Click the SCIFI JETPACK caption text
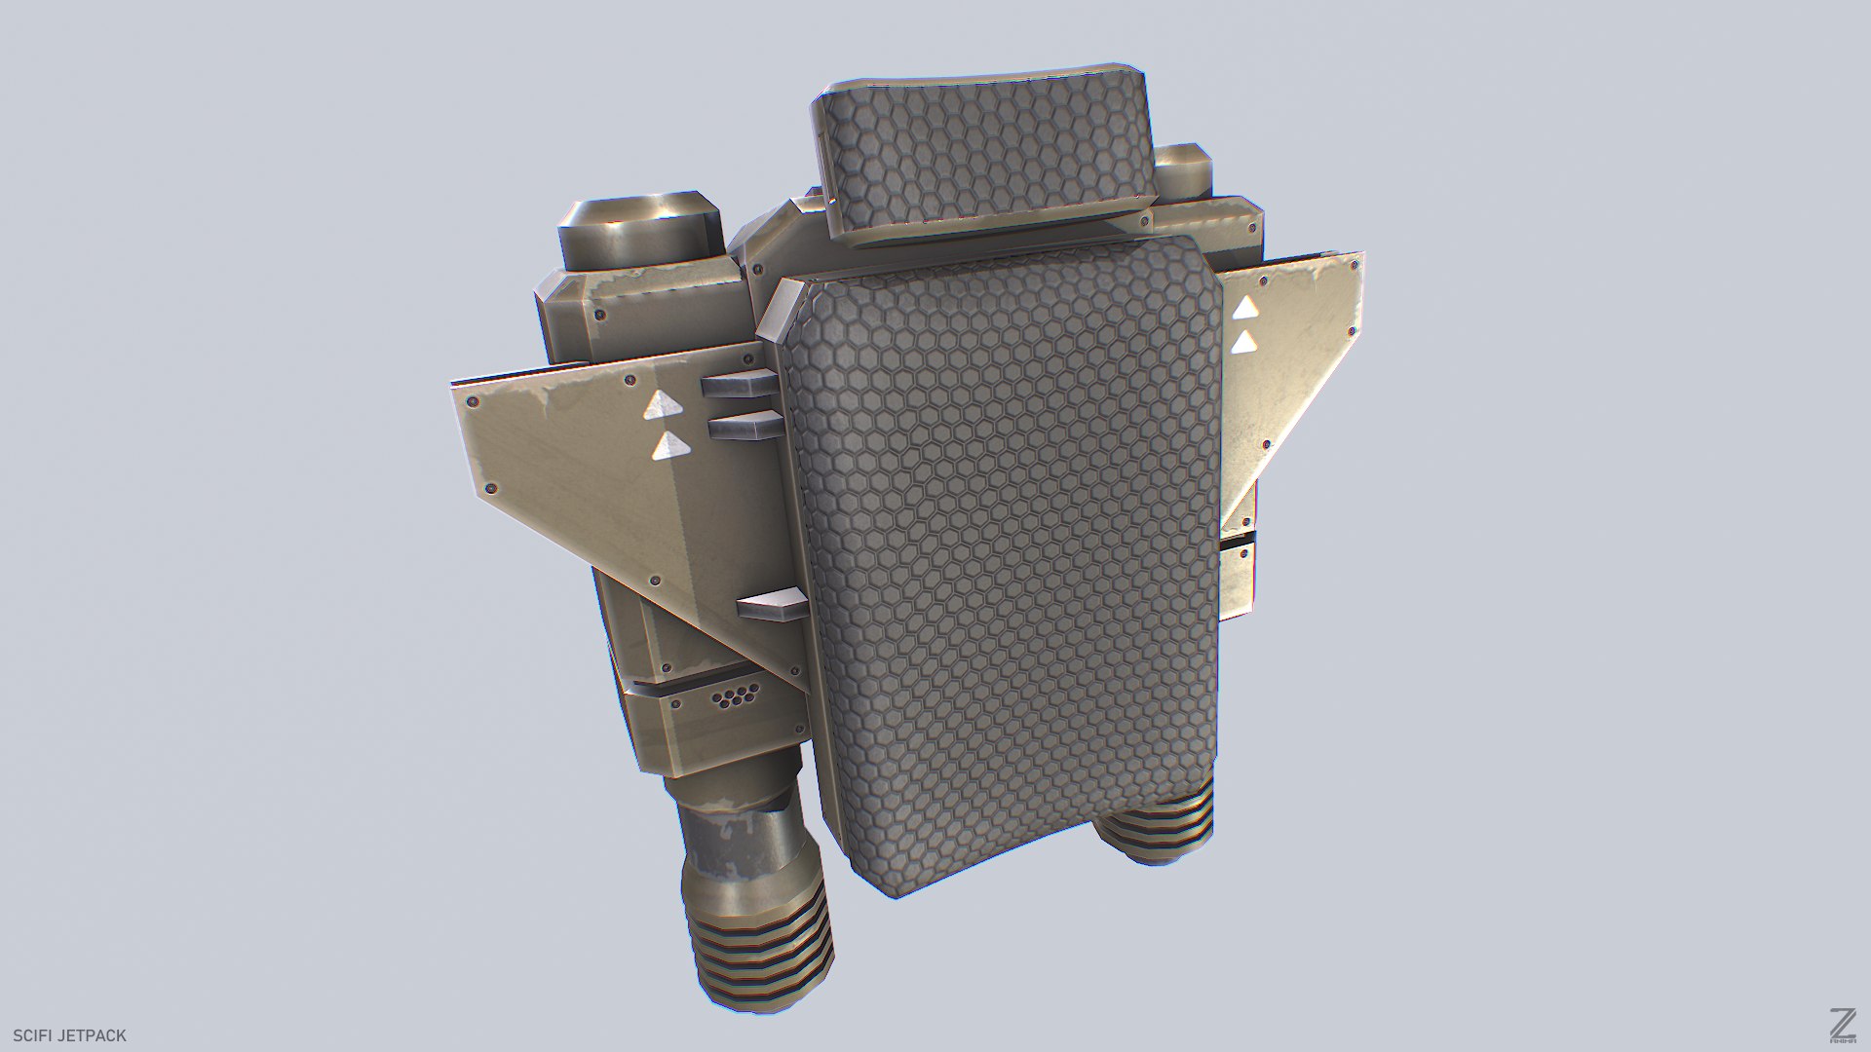69,1035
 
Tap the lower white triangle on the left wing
670,447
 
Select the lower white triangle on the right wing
1244,343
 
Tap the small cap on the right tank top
1182,169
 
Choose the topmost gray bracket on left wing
738,384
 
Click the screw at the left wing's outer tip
473,400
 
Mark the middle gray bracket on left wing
745,424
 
